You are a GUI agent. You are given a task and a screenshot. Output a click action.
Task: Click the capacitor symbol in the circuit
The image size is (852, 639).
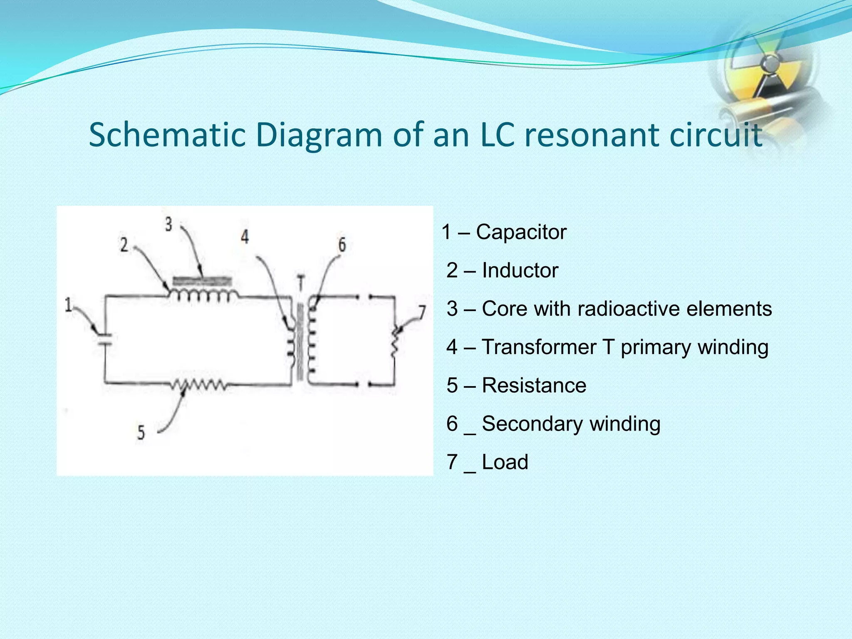[104, 339]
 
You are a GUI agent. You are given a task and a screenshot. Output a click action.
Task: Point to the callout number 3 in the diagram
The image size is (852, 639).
[168, 225]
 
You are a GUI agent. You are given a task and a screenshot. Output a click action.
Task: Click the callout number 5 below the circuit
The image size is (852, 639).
[141, 433]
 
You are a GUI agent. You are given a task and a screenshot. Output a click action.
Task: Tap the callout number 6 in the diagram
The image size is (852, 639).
[342, 245]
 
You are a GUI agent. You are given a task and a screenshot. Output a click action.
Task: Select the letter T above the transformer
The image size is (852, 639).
[301, 283]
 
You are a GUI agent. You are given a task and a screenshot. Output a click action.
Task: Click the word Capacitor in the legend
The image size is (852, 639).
[521, 232]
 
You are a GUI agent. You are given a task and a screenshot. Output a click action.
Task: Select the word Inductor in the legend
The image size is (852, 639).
[520, 270]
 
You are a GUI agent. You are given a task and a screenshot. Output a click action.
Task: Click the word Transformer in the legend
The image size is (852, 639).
[539, 347]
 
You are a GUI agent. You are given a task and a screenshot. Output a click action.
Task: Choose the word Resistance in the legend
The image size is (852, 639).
[534, 385]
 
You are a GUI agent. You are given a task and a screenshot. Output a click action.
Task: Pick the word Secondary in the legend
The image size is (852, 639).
[532, 424]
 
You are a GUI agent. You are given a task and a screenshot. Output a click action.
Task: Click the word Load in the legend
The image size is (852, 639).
[505, 462]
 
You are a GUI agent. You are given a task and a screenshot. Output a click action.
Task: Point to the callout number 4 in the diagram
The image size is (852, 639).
[245, 237]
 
